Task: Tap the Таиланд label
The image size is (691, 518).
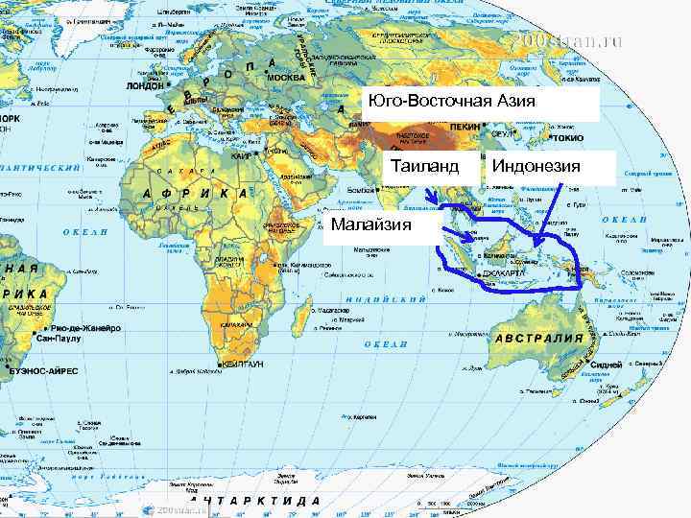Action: click(x=422, y=167)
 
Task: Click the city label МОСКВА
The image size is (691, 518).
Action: click(x=285, y=77)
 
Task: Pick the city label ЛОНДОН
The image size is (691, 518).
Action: click(x=145, y=84)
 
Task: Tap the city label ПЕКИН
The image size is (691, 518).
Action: click(x=465, y=126)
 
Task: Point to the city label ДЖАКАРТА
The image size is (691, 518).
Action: click(x=503, y=273)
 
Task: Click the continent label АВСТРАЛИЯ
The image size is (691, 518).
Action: click(x=539, y=339)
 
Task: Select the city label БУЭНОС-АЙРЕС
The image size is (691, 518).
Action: click(x=45, y=368)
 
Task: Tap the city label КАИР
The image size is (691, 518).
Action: click(x=242, y=154)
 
